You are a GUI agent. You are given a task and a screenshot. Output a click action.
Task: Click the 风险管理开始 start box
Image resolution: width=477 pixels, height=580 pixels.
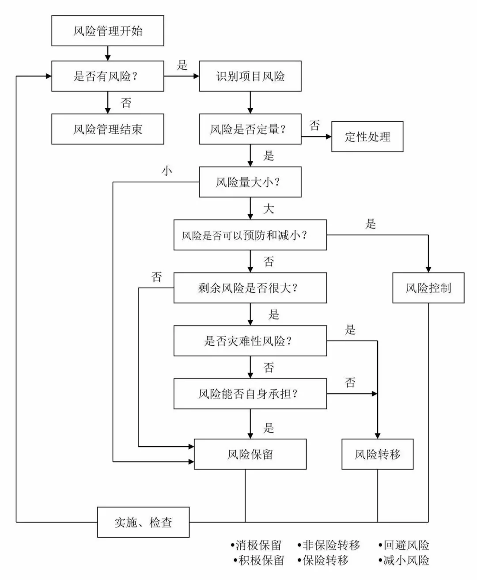(107, 31)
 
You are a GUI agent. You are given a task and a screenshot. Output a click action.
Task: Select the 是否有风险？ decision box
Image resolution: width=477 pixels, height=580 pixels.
(107, 76)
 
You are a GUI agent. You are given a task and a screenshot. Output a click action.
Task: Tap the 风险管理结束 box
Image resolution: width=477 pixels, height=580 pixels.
(107, 129)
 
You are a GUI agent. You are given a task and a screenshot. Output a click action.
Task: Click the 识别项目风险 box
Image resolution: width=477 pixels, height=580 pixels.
(250, 76)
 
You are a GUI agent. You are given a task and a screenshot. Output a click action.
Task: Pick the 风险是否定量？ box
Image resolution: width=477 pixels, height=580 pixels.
(250, 129)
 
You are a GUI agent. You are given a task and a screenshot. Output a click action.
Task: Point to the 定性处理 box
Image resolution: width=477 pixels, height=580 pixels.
(367, 136)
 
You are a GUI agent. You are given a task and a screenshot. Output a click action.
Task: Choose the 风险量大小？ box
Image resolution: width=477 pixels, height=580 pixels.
(250, 182)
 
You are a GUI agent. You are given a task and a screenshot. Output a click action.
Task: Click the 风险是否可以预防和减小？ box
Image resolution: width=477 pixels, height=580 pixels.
(250, 235)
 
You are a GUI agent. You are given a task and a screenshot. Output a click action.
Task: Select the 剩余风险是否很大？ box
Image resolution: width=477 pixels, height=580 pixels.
(250, 288)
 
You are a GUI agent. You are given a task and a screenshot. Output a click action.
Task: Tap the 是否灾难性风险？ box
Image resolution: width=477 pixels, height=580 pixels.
(250, 341)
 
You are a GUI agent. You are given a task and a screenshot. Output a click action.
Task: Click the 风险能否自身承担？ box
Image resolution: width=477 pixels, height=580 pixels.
(250, 394)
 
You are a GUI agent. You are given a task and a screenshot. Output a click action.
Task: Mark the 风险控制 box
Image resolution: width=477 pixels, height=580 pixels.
(428, 288)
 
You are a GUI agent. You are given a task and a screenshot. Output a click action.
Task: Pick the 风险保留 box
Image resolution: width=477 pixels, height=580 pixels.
(250, 454)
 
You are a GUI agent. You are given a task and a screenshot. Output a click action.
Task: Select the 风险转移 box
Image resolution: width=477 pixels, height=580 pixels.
(377, 454)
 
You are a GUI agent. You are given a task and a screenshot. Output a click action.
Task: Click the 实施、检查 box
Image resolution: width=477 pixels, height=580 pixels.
(143, 522)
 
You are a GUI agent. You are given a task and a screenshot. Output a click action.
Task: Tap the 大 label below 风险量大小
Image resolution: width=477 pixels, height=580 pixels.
(269, 208)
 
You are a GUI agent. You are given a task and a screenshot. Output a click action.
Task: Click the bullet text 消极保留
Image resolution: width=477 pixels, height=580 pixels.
(257, 546)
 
